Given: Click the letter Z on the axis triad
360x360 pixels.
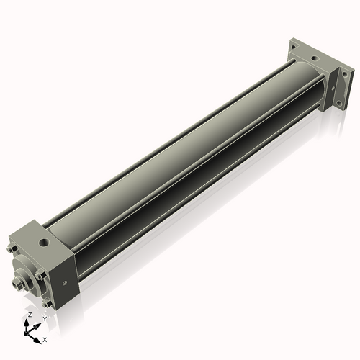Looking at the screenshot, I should tap(29, 315).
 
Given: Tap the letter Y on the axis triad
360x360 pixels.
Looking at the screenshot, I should tap(45, 318).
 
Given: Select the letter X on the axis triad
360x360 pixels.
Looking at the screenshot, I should tap(45, 338).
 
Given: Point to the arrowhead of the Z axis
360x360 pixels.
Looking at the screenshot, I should tap(29, 322).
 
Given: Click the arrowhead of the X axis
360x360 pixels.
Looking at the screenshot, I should tap(39, 336).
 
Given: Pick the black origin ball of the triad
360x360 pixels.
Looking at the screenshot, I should tap(30, 332).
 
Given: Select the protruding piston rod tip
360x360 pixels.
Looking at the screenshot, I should tap(18, 285).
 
